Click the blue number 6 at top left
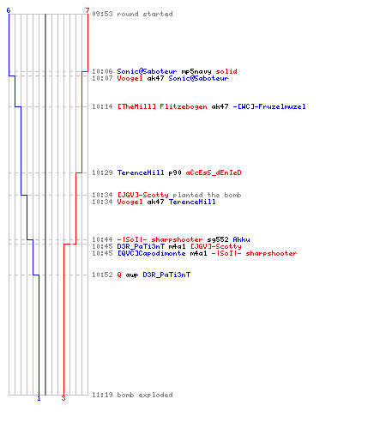[9, 10]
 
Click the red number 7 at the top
[87, 10]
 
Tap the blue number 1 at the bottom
[39, 398]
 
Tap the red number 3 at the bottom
[63, 398]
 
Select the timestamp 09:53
[102, 14]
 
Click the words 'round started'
[145, 14]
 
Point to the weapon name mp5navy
[196, 71]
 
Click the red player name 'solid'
[226, 71]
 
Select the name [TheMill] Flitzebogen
[162, 106]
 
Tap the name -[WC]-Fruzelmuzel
[269, 106]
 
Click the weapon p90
[175, 173]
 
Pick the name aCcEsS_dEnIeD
[214, 172]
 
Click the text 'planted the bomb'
[207, 195]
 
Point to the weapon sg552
[218, 239]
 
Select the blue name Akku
[242, 239]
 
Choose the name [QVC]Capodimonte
[152, 253]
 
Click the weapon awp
[132, 275]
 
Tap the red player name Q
[119, 275]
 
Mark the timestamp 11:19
[102, 395]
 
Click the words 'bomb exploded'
[145, 395]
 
